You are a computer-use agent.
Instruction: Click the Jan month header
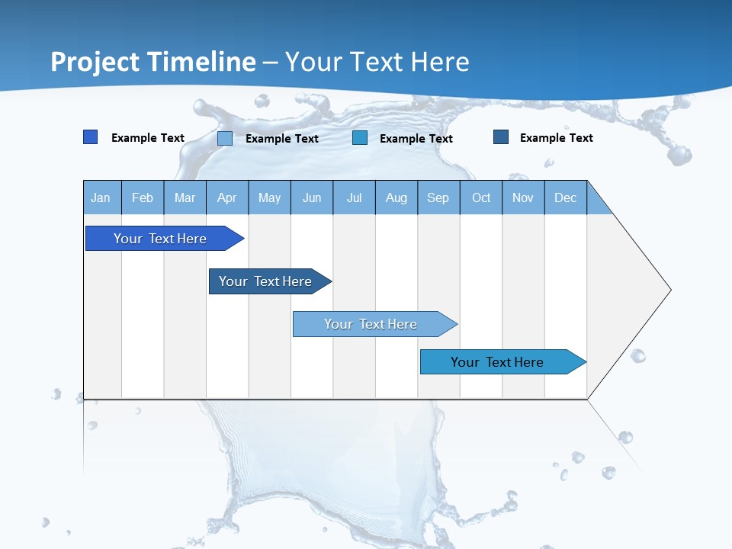(x=101, y=197)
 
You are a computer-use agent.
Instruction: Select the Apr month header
(x=227, y=197)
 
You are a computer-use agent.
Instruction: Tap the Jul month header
(x=354, y=197)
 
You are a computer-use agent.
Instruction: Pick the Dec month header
(x=565, y=197)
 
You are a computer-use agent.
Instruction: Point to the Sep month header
(x=438, y=197)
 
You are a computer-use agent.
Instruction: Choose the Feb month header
(x=143, y=197)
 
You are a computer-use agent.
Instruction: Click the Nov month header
(x=522, y=197)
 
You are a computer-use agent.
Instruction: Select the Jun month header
(x=312, y=197)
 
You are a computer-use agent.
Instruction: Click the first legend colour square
(x=91, y=137)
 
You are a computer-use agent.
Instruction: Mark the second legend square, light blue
(x=225, y=138)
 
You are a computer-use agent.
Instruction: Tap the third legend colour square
(x=360, y=138)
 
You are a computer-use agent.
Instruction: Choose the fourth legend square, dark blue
(x=501, y=137)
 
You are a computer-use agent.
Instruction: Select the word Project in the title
(x=95, y=62)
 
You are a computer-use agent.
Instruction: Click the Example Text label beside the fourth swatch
(x=556, y=138)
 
